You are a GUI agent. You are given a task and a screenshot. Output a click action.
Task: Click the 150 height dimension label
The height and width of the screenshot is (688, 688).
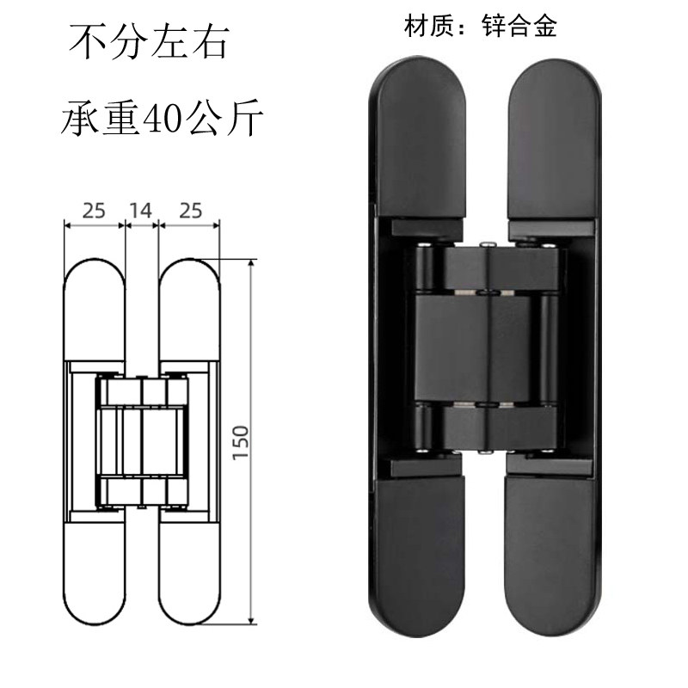(x=240, y=441)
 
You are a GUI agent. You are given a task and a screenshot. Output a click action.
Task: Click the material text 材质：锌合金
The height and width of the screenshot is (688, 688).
(x=481, y=26)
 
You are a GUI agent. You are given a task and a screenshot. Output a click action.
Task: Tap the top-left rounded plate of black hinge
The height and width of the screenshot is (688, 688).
(x=422, y=138)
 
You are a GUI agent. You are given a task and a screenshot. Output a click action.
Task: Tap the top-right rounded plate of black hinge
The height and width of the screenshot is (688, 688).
(x=554, y=138)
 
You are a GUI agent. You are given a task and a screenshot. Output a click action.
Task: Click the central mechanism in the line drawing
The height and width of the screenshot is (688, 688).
(x=142, y=441)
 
